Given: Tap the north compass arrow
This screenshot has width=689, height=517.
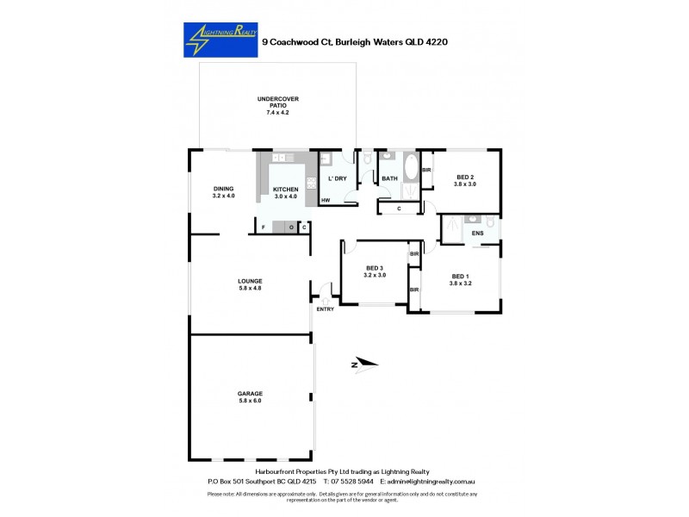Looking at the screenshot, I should (x=364, y=364).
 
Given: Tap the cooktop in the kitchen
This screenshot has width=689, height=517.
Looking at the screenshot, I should (x=310, y=182).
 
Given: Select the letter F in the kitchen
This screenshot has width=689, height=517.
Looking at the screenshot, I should (x=264, y=227).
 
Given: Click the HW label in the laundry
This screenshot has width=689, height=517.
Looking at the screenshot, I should (x=326, y=201).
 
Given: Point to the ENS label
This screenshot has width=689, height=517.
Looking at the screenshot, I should (x=478, y=233).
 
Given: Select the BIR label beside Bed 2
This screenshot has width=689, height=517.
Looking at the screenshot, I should (x=426, y=170).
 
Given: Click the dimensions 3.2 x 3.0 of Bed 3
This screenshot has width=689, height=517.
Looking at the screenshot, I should (x=376, y=275).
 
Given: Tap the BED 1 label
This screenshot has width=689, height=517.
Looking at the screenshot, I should (x=461, y=276).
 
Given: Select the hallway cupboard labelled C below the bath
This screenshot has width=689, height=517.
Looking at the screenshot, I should (x=399, y=209).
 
